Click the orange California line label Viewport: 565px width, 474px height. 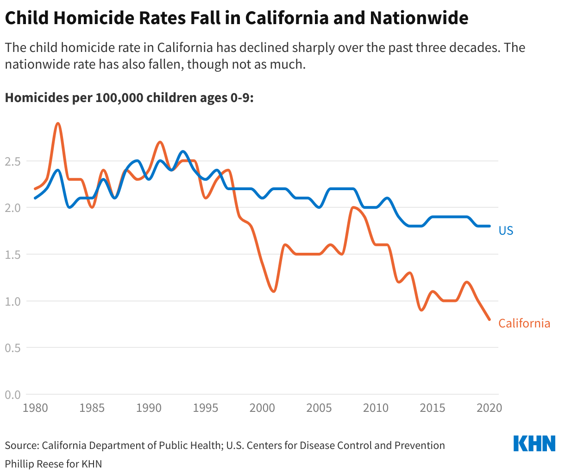(524, 323)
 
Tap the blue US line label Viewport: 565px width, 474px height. (506, 231)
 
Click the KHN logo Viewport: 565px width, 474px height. (534, 444)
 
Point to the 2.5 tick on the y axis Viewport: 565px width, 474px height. (13, 161)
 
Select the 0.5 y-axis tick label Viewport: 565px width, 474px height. (13, 348)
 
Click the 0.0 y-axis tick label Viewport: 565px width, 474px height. (13, 395)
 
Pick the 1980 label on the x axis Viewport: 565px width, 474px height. (35, 408)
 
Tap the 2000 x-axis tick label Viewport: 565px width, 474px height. (262, 408)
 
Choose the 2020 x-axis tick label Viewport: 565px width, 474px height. (489, 408)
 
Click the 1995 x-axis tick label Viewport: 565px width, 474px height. (205, 408)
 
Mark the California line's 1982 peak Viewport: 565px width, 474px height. (58, 123)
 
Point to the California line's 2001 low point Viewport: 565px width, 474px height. (274, 291)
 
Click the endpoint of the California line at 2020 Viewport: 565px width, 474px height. (489, 319)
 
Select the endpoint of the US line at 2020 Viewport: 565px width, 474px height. (489, 226)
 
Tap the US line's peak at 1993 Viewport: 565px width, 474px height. (182, 152)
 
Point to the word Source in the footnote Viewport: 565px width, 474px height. (20, 446)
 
